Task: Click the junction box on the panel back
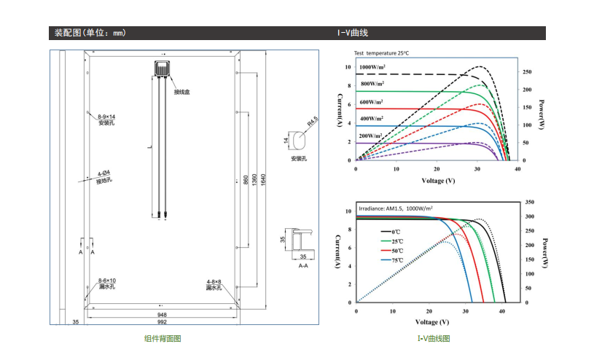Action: [162, 69]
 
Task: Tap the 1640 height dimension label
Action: [263, 179]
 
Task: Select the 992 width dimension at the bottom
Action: [162, 321]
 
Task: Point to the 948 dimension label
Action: [162, 315]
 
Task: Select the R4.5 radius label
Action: [313, 122]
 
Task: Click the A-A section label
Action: [303, 266]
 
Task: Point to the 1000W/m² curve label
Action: [372, 67]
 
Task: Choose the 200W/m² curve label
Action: [370, 136]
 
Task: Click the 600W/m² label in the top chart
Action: [371, 102]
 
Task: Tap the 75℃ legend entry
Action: [397, 260]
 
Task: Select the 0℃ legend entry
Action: [396, 232]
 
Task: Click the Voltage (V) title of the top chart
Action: [438, 181]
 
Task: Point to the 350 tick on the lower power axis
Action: [530, 202]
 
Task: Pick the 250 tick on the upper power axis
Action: [527, 71]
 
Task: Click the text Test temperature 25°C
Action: [381, 53]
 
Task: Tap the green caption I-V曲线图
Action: [434, 338]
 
